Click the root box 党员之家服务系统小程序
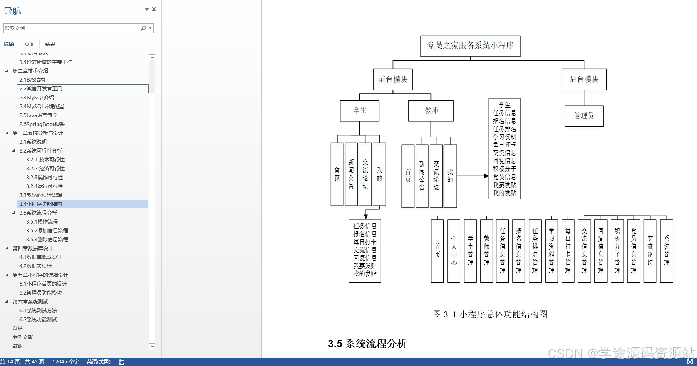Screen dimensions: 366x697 tap(470, 46)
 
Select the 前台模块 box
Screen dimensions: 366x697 tap(393, 79)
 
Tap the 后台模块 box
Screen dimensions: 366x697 tap(584, 79)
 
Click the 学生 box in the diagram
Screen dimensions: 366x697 tap(359, 111)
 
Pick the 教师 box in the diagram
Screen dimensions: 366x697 tap(431, 111)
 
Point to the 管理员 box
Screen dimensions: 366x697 tap(584, 116)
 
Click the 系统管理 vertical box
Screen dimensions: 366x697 tap(666, 251)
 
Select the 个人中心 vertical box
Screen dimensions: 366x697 tap(454, 251)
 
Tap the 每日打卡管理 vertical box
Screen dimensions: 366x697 tap(568, 251)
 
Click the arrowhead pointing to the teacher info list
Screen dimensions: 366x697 tap(486, 176)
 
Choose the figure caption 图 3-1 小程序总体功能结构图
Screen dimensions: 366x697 tap(490, 314)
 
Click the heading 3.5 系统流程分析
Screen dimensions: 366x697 tap(367, 344)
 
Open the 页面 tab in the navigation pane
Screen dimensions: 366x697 tap(30, 44)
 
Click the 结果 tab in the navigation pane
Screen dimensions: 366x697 tap(50, 44)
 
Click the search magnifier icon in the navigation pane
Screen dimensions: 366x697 tap(143, 28)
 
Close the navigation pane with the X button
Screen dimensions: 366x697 tap(154, 9)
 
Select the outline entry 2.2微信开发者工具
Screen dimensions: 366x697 tap(41, 89)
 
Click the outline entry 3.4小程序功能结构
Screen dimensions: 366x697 tap(41, 204)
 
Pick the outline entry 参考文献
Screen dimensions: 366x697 tap(23, 337)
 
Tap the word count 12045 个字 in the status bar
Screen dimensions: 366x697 tap(65, 362)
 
